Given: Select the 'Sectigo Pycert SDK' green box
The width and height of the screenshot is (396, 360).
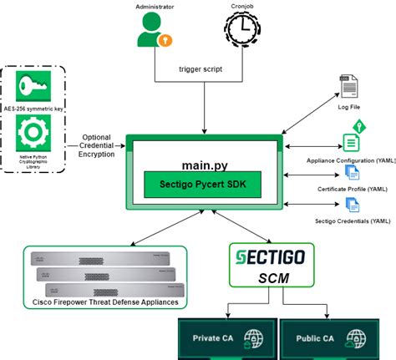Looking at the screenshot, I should [x=200, y=183].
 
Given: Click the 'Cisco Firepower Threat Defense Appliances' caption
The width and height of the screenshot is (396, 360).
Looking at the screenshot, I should [x=105, y=301].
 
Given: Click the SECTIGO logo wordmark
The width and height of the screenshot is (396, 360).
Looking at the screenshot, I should [x=261, y=255].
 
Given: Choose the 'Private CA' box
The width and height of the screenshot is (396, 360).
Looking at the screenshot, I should [x=226, y=339].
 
